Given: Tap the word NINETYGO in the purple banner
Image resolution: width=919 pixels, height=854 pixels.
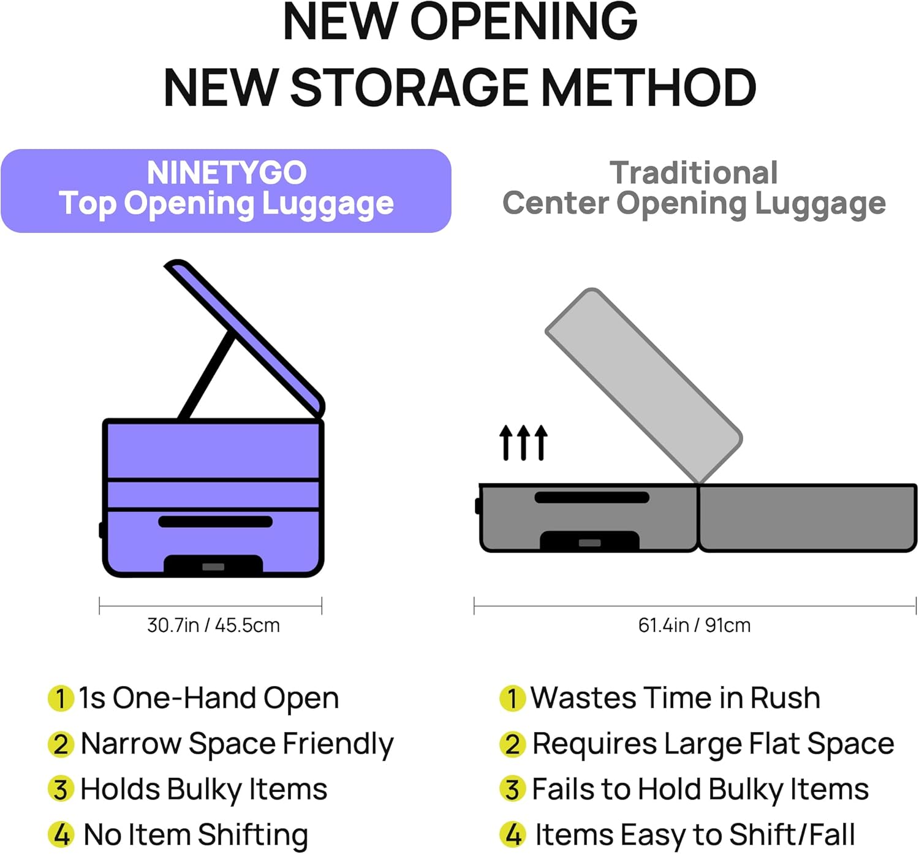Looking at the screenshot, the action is click(227, 173).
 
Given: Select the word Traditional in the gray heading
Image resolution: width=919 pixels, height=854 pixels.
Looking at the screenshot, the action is click(694, 173).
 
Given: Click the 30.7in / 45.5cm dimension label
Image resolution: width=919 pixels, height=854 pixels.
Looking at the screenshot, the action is click(213, 626).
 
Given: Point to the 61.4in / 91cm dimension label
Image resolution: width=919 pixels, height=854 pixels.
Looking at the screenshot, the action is click(694, 626).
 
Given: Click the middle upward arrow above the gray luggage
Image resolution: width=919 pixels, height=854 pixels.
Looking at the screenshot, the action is click(523, 443).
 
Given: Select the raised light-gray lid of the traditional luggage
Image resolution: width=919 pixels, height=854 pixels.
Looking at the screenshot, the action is click(644, 386).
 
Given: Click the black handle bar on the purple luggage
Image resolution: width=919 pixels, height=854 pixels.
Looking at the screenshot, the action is click(215, 522).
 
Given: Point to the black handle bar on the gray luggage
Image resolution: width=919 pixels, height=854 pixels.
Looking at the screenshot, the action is click(592, 497).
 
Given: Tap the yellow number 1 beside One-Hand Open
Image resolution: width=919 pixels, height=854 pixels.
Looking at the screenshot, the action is click(61, 699).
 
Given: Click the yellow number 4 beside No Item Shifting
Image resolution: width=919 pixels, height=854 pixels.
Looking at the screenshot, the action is click(61, 834).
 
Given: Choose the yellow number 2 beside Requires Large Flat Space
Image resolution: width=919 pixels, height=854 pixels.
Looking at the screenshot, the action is click(513, 744).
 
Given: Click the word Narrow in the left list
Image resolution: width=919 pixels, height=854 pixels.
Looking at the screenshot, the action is click(131, 744).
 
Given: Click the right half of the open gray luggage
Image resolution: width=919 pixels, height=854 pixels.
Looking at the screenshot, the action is click(807, 518).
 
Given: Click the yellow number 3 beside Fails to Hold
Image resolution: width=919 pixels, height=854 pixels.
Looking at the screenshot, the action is click(513, 790).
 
